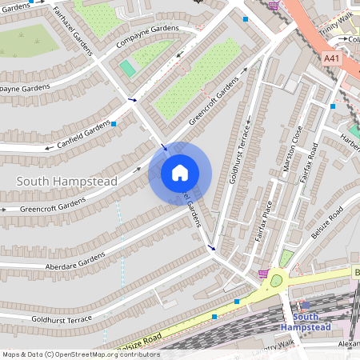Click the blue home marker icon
pyautogui.click(x=180, y=174)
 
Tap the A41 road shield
pyautogui.click(x=331, y=58)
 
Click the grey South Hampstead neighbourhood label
pyautogui.click(x=67, y=182)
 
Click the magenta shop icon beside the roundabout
pyautogui.click(x=262, y=274)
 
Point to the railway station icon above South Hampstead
pyautogui.click(x=305, y=305)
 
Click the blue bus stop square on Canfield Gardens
pyautogui.click(x=114, y=124)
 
